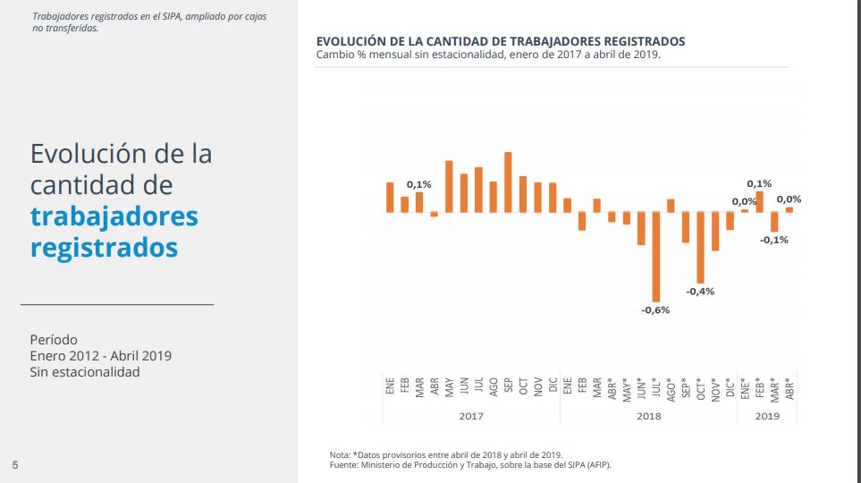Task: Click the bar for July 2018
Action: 655,257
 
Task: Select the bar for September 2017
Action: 508,182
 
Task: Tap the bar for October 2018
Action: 700,248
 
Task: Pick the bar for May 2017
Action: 449,186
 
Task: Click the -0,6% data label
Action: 655,310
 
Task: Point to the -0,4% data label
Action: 700,292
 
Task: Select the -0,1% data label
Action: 774,240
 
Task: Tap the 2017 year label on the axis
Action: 471,415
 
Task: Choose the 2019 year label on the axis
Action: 767,415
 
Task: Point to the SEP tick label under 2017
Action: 508,386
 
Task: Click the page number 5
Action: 15,464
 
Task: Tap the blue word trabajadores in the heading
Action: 114,216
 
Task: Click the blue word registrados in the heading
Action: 104,247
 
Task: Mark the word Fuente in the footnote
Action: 345,464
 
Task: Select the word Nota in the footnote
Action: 340,455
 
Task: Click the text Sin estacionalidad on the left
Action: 84,372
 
